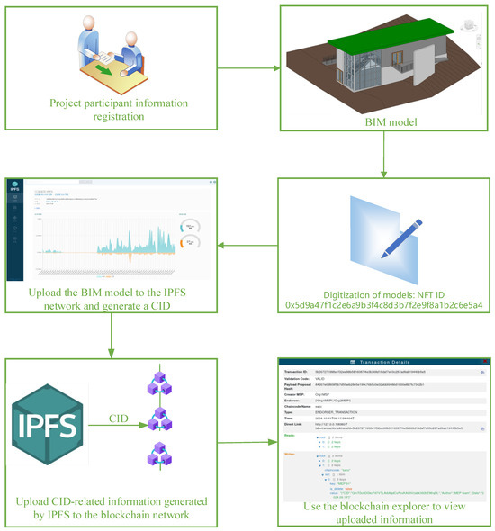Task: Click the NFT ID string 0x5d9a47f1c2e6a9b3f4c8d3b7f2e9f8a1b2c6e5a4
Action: [x=383, y=306]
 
